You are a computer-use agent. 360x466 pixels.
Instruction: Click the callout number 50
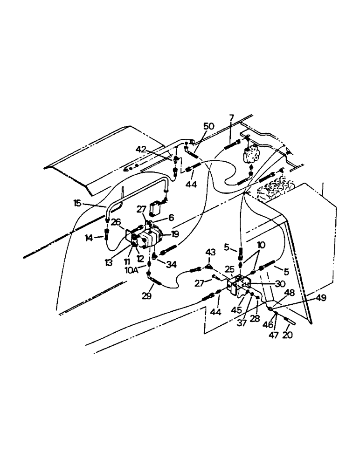tap(209, 126)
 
